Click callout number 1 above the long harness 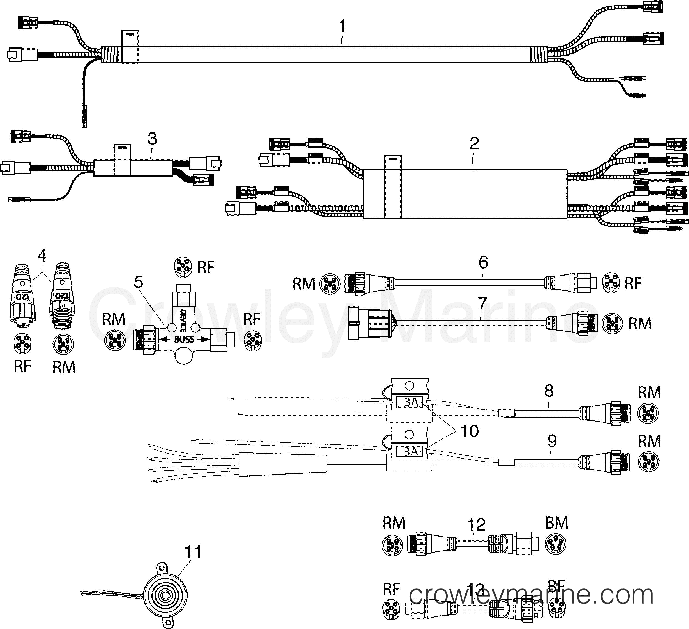342,26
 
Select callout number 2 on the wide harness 474,144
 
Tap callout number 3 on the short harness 152,139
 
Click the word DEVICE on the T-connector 183,321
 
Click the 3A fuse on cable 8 411,402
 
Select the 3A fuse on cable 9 411,452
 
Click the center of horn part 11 165,595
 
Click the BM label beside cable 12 556,523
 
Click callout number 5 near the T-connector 138,282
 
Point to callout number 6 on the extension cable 483,263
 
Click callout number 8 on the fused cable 548,391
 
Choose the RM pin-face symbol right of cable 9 648,462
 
